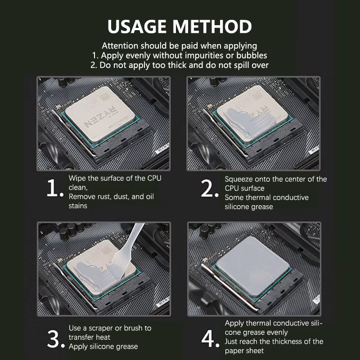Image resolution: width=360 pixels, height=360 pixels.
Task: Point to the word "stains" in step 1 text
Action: pos(78,206)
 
